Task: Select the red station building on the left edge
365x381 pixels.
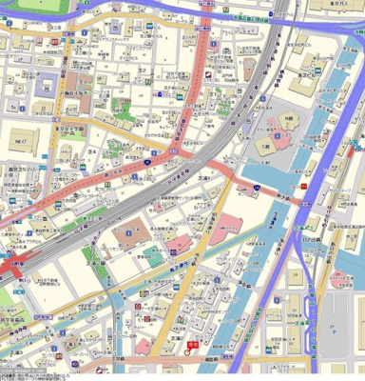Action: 11,269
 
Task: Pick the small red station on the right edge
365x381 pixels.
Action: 355,148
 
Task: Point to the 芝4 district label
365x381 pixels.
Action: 93,150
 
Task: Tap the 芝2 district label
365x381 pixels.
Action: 141,69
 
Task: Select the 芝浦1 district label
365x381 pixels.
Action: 202,177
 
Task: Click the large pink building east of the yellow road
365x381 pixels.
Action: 231,225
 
